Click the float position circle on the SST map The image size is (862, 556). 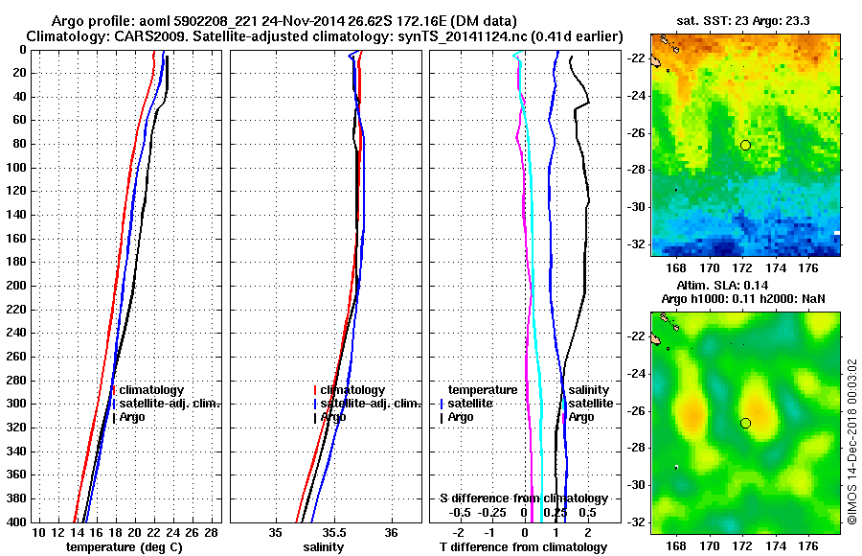pyautogui.click(x=745, y=145)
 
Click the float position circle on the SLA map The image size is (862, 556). pyautogui.click(x=745, y=423)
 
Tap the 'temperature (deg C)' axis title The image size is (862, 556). pyautogui.click(x=124, y=547)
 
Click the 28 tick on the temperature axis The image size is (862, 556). pyautogui.click(x=213, y=532)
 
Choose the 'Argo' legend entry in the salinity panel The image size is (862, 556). pyautogui.click(x=333, y=417)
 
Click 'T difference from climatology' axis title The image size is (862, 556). pyautogui.click(x=524, y=547)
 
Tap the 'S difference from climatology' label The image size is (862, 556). pyautogui.click(x=524, y=498)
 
